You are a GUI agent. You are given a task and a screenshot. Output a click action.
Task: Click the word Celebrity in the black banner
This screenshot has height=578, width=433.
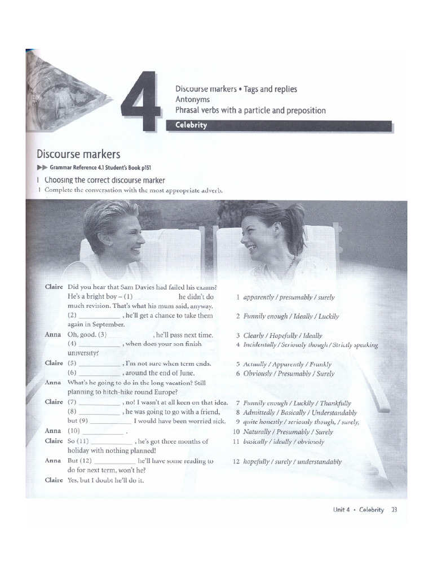(191, 125)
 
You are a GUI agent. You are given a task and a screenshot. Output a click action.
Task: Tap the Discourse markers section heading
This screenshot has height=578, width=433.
(78, 154)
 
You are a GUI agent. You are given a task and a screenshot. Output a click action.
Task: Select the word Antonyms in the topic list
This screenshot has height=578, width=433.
(192, 99)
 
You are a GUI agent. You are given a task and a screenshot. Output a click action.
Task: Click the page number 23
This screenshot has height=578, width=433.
(394, 509)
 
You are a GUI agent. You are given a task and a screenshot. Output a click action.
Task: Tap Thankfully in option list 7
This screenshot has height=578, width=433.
(335, 403)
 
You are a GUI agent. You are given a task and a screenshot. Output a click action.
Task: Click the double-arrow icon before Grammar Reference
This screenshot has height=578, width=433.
(42, 168)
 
